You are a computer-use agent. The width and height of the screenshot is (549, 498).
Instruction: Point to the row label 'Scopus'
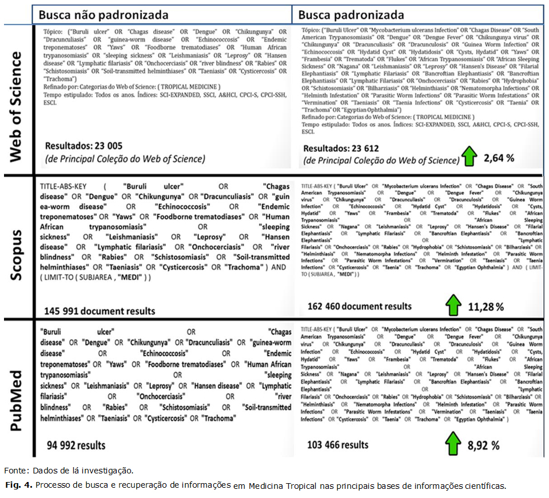(17, 249)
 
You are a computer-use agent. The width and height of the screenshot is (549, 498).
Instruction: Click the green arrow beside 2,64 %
(470, 156)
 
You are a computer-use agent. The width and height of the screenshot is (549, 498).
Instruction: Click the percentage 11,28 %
(486, 307)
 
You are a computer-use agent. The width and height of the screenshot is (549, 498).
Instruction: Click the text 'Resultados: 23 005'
(83, 146)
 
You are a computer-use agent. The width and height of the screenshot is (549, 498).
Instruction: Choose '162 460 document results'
(359, 306)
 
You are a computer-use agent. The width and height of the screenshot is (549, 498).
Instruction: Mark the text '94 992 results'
(73, 445)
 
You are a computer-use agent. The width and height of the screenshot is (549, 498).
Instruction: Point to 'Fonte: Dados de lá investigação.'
(69, 471)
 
